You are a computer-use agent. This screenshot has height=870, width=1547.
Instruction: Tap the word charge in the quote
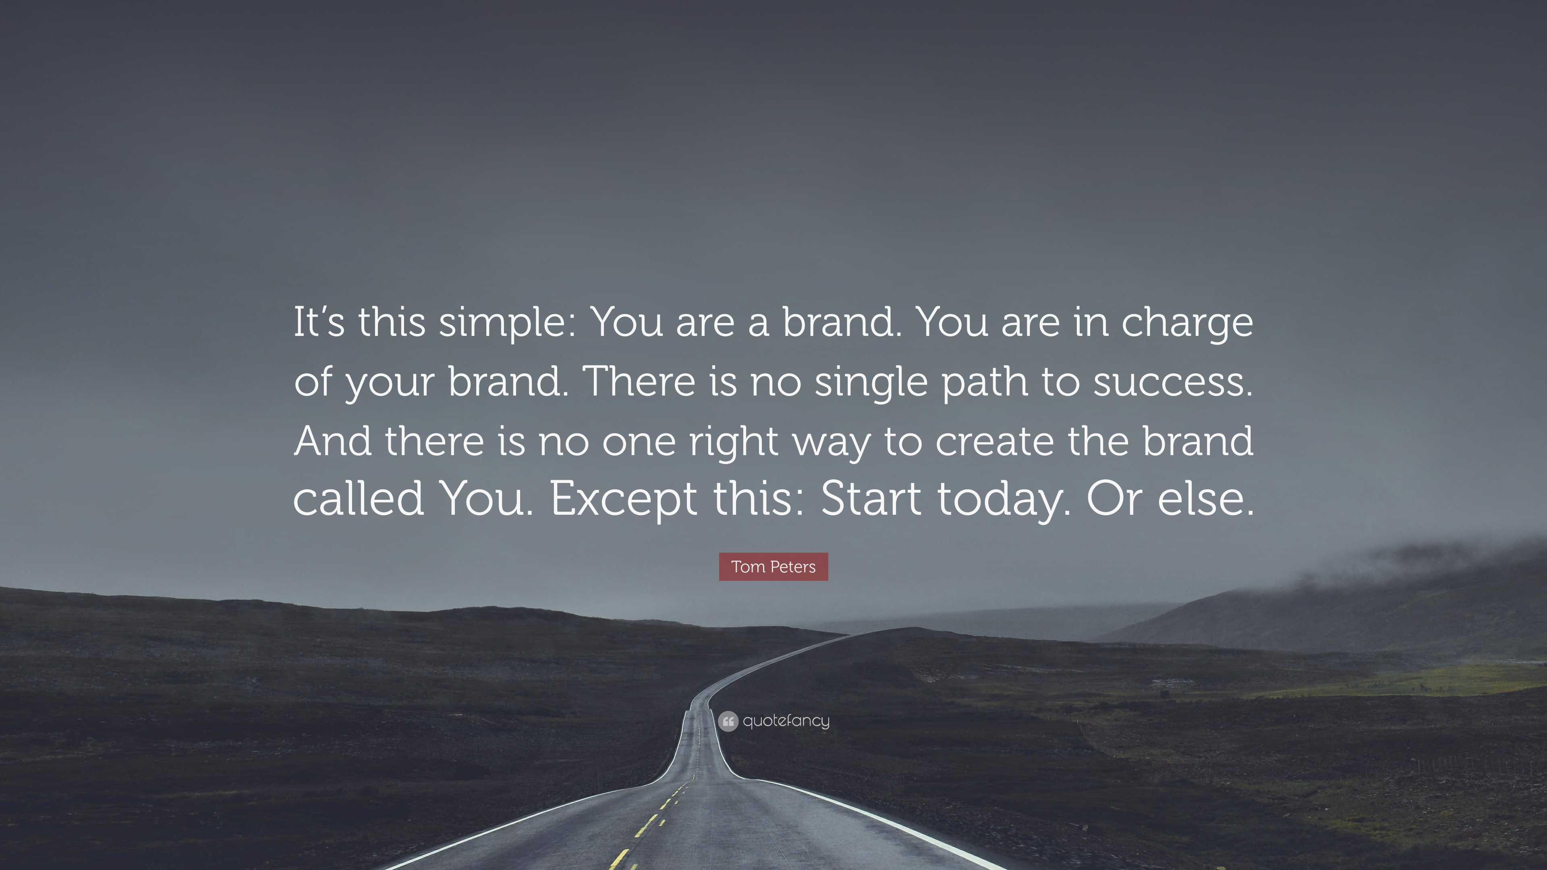1187,324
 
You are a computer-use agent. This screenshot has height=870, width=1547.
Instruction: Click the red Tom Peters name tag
773,567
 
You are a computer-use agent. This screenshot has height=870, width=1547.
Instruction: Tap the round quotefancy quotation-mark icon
728,721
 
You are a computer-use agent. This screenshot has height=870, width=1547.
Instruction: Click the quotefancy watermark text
786,721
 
